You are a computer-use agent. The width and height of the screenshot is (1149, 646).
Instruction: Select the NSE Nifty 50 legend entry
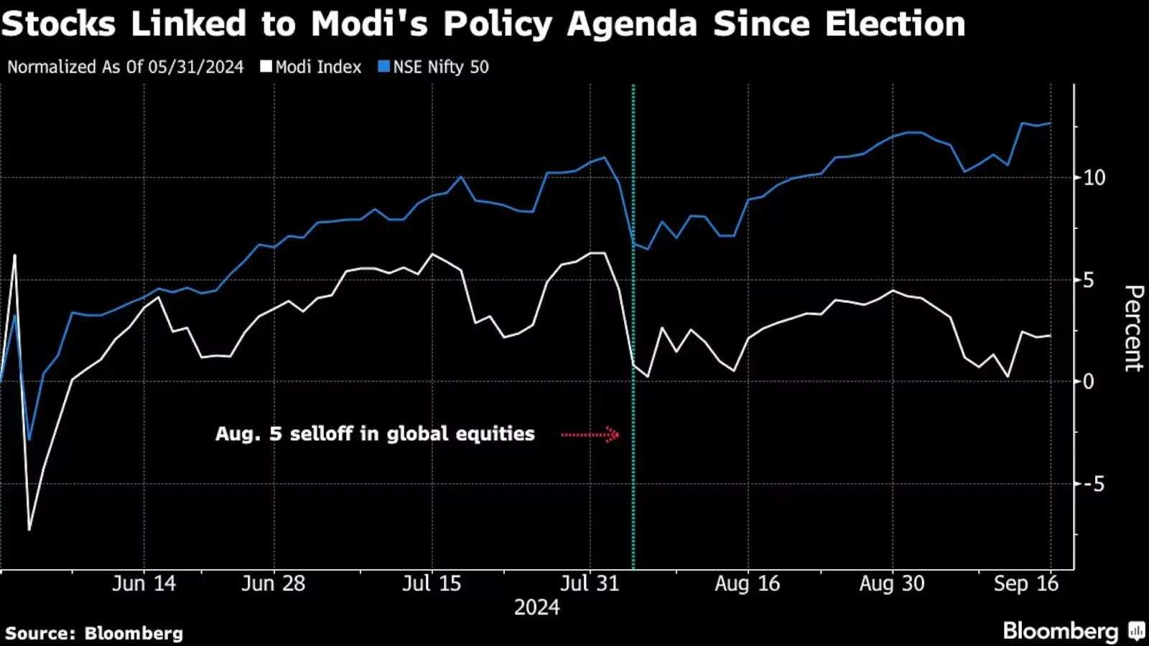point(434,67)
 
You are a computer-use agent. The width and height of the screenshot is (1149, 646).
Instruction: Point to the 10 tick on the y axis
point(1094,178)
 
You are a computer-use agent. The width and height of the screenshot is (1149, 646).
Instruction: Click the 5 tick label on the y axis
point(1089,280)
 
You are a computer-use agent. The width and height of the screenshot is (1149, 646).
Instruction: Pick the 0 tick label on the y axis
point(1089,382)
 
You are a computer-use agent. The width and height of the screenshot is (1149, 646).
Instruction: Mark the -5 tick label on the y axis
point(1093,484)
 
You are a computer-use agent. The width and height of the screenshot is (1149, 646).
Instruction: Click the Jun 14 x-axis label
point(144,584)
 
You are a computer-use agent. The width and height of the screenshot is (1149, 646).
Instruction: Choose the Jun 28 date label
point(274,584)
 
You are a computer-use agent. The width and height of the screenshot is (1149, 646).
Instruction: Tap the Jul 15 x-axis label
point(432,584)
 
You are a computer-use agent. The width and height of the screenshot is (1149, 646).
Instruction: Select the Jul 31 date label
point(590,584)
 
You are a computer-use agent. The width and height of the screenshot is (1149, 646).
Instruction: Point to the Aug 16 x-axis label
point(748,584)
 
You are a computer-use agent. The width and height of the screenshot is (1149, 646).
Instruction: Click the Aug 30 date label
point(892,584)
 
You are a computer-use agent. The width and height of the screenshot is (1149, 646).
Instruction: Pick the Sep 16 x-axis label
point(1026,584)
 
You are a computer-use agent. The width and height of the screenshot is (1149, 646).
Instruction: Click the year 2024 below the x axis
point(536,608)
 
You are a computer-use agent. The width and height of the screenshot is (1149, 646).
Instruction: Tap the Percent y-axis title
point(1133,328)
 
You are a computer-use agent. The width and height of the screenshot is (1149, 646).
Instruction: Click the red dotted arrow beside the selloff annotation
point(590,434)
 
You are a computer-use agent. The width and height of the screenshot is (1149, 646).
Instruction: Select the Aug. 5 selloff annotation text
point(375,434)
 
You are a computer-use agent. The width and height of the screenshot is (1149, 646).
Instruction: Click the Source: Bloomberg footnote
point(94,633)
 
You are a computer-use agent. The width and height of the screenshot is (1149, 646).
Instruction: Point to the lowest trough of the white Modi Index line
point(29,530)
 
